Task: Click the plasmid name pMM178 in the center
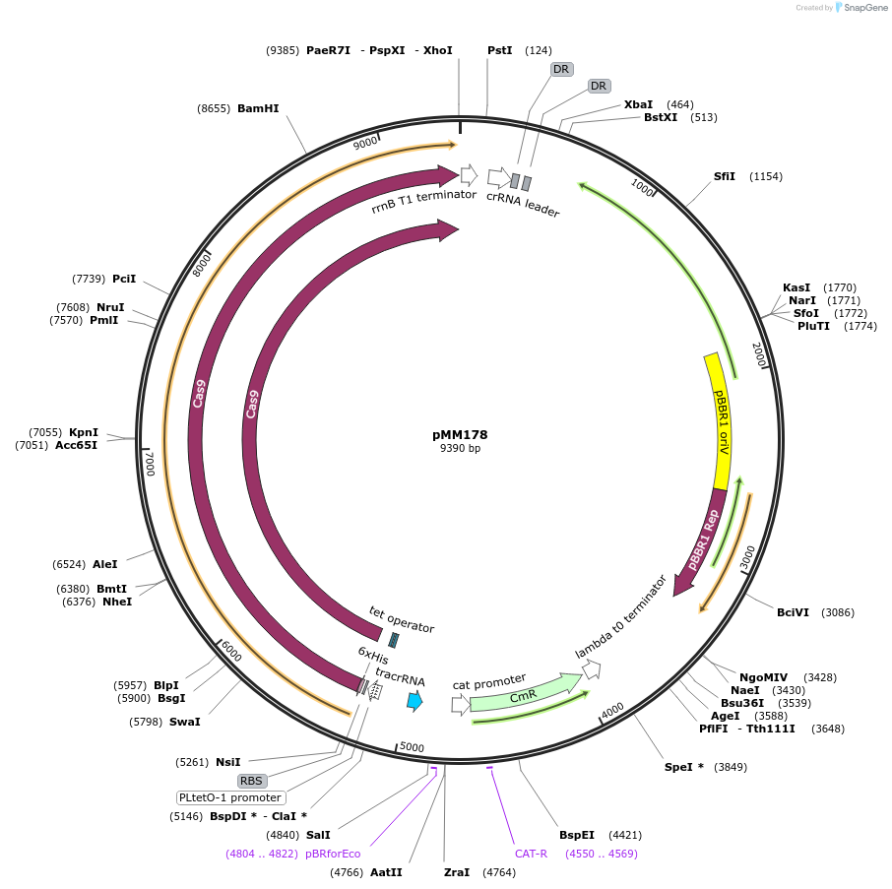tap(460, 434)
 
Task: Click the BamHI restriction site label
tap(258, 109)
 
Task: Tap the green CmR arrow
tap(522, 696)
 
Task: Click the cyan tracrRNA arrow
tap(415, 701)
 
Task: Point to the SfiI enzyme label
tap(725, 176)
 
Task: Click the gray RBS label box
tap(252, 781)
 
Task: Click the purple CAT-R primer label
tap(531, 854)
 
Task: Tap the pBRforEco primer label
tap(333, 854)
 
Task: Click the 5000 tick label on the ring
tap(412, 748)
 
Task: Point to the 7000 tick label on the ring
tap(150, 464)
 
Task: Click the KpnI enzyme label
tap(84, 432)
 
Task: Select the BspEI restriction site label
tap(576, 834)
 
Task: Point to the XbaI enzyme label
tap(638, 104)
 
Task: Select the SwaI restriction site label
tap(184, 722)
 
